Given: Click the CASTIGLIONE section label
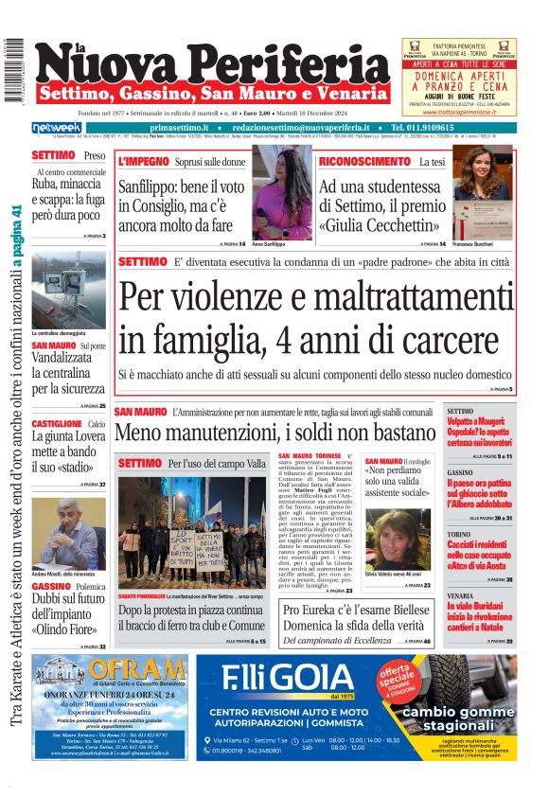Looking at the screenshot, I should [57, 424].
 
